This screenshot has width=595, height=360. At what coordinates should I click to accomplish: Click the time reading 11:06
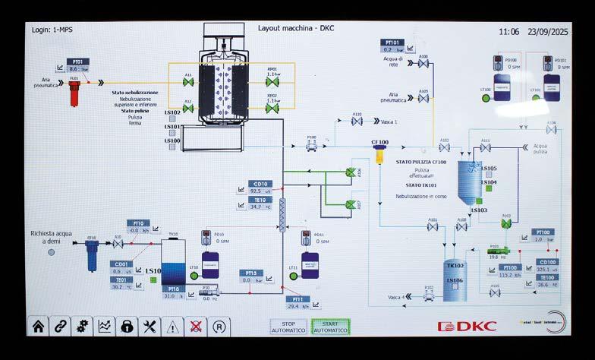click(509, 33)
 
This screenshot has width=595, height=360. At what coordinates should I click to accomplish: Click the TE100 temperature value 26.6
click(546, 286)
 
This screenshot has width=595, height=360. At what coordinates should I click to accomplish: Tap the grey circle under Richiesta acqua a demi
click(52, 251)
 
